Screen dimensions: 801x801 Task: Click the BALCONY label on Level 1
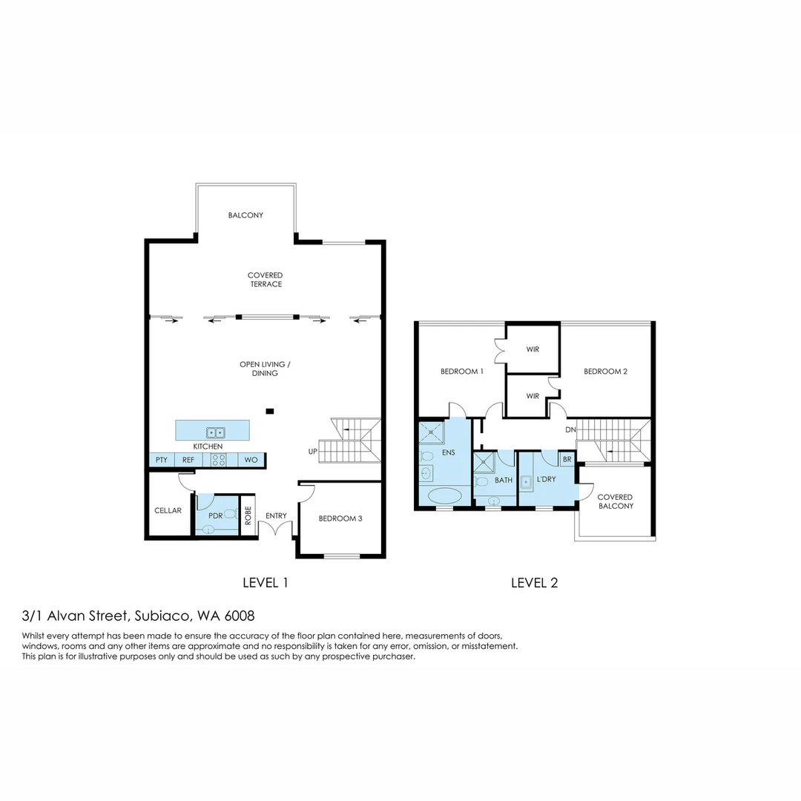coord(245,215)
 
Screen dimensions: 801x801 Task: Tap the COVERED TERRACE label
coord(265,280)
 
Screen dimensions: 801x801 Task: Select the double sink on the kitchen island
coord(216,432)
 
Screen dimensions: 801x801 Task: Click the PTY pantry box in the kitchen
coord(162,461)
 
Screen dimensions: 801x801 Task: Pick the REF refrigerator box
coord(188,461)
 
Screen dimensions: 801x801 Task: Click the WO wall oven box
coord(251,461)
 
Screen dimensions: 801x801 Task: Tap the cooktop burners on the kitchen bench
coord(219,460)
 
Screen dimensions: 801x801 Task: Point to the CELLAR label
coord(168,510)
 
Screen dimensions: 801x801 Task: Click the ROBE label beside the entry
coord(248,514)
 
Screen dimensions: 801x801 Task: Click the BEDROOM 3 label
coord(340,518)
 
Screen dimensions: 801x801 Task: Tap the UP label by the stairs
coord(313,452)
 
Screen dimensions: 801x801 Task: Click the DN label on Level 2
coord(570,430)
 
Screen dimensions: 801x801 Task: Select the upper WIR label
coord(533,349)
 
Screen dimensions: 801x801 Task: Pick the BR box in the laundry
coord(567,460)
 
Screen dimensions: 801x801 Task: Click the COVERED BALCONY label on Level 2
coord(615,501)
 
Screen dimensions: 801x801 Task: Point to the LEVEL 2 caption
coord(534,583)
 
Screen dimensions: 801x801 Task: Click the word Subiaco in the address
coord(162,616)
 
